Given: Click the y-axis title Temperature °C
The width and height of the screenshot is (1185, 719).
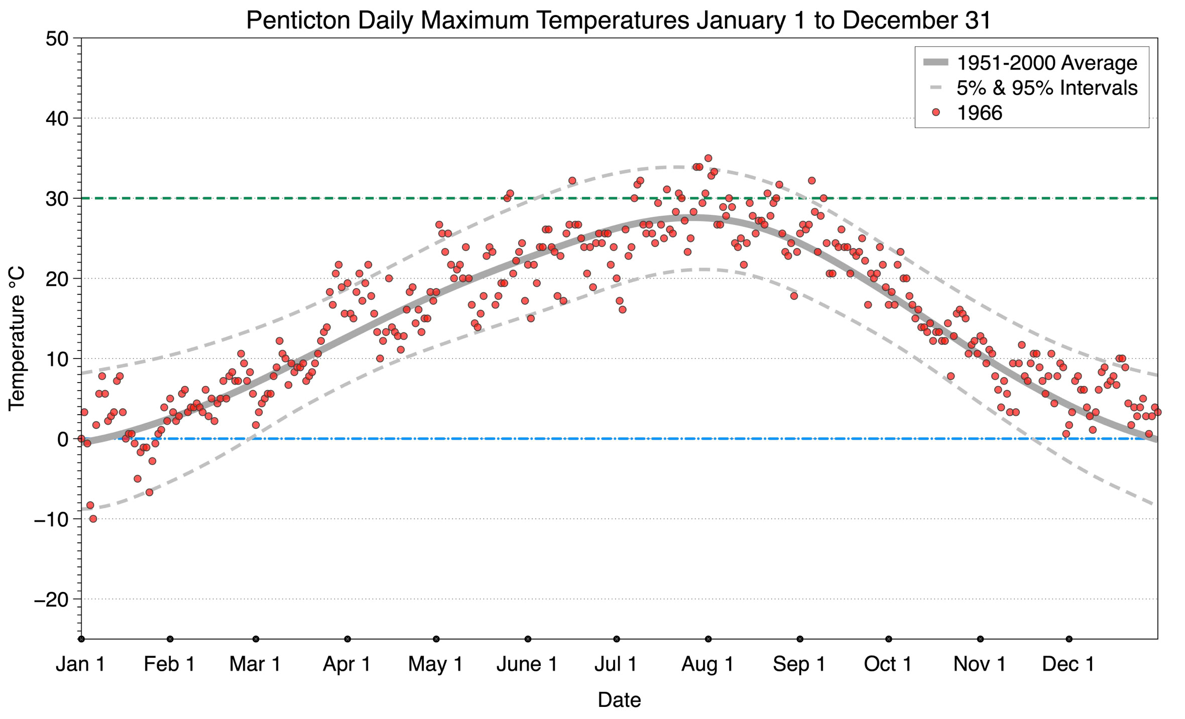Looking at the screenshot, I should [17, 338].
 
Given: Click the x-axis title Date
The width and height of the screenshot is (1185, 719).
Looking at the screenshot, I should [619, 700].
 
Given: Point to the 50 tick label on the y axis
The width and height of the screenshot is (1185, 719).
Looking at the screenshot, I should [56, 39].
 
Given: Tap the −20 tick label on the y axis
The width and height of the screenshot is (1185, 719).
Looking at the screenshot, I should [51, 600].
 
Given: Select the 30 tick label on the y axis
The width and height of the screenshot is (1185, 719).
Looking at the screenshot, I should [56, 199].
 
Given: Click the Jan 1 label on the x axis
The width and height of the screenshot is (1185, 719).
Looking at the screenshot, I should [80, 664].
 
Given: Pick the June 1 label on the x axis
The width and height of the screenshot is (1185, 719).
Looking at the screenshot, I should [527, 664].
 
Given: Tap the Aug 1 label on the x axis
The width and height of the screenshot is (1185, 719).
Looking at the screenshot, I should [707, 664].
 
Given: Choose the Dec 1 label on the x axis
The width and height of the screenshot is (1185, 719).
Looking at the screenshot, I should [1068, 664].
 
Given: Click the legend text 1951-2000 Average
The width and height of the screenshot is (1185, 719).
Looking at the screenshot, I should [1046, 63].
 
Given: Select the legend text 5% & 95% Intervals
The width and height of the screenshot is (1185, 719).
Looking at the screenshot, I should [1046, 88].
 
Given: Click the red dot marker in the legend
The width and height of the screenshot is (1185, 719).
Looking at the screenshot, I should [935, 113].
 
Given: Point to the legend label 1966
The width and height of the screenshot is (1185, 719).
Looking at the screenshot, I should [979, 113].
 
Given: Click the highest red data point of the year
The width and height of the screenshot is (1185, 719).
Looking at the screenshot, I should [708, 158].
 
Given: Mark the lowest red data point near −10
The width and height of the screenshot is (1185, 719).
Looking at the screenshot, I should [93, 519].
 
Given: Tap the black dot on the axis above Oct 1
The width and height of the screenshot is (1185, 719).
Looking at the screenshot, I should [888, 639].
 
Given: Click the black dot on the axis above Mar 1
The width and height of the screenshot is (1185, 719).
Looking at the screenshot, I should [256, 639].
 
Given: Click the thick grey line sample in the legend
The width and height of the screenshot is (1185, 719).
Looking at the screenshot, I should [935, 63].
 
